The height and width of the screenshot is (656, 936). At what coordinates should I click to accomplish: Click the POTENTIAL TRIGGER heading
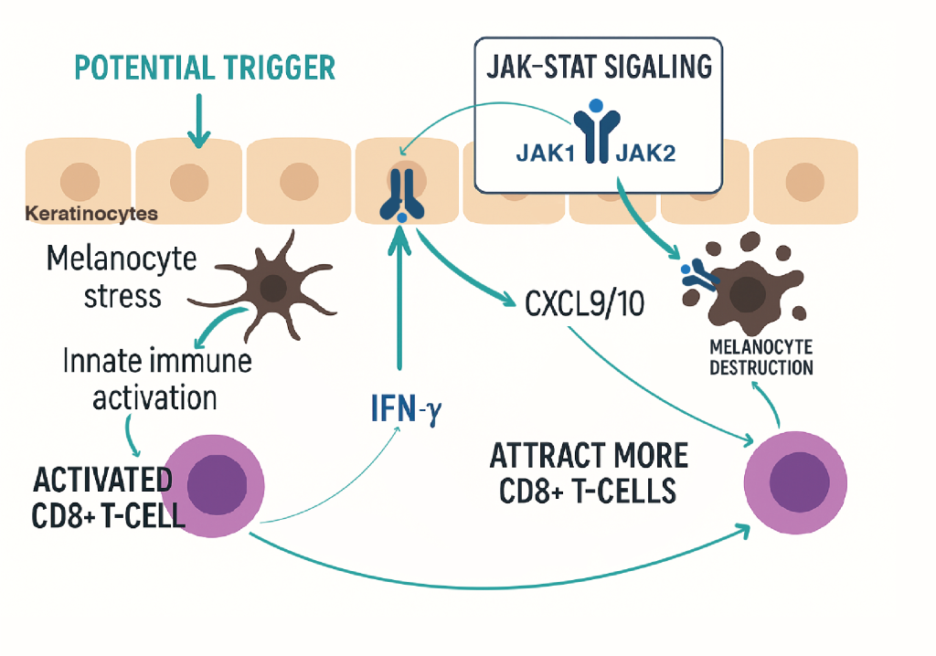pyautogui.click(x=204, y=68)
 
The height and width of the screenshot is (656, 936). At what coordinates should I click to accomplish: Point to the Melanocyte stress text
pyautogui.click(x=122, y=277)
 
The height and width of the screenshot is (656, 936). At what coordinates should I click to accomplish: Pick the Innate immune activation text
pyautogui.click(x=157, y=379)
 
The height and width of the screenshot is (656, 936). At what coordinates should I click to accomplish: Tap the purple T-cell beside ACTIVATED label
pyautogui.click(x=225, y=486)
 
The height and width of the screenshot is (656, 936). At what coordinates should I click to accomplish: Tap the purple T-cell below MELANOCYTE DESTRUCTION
pyautogui.click(x=792, y=480)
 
